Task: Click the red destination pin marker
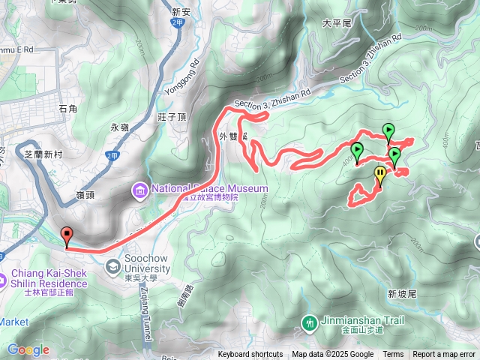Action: tap(67, 236)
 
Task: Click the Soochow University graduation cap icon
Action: tap(112, 265)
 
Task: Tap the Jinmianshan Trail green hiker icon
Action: tap(309, 323)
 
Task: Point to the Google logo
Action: tap(28, 349)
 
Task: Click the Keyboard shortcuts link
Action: tap(250, 355)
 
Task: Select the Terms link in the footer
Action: tap(393, 355)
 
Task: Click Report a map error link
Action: tap(444, 355)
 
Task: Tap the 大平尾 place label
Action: tap(336, 23)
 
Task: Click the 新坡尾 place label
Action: tap(402, 295)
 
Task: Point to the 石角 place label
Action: tap(67, 109)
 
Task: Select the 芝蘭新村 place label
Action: tap(46, 153)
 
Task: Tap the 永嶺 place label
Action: tap(120, 127)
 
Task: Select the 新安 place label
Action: tap(181, 12)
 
